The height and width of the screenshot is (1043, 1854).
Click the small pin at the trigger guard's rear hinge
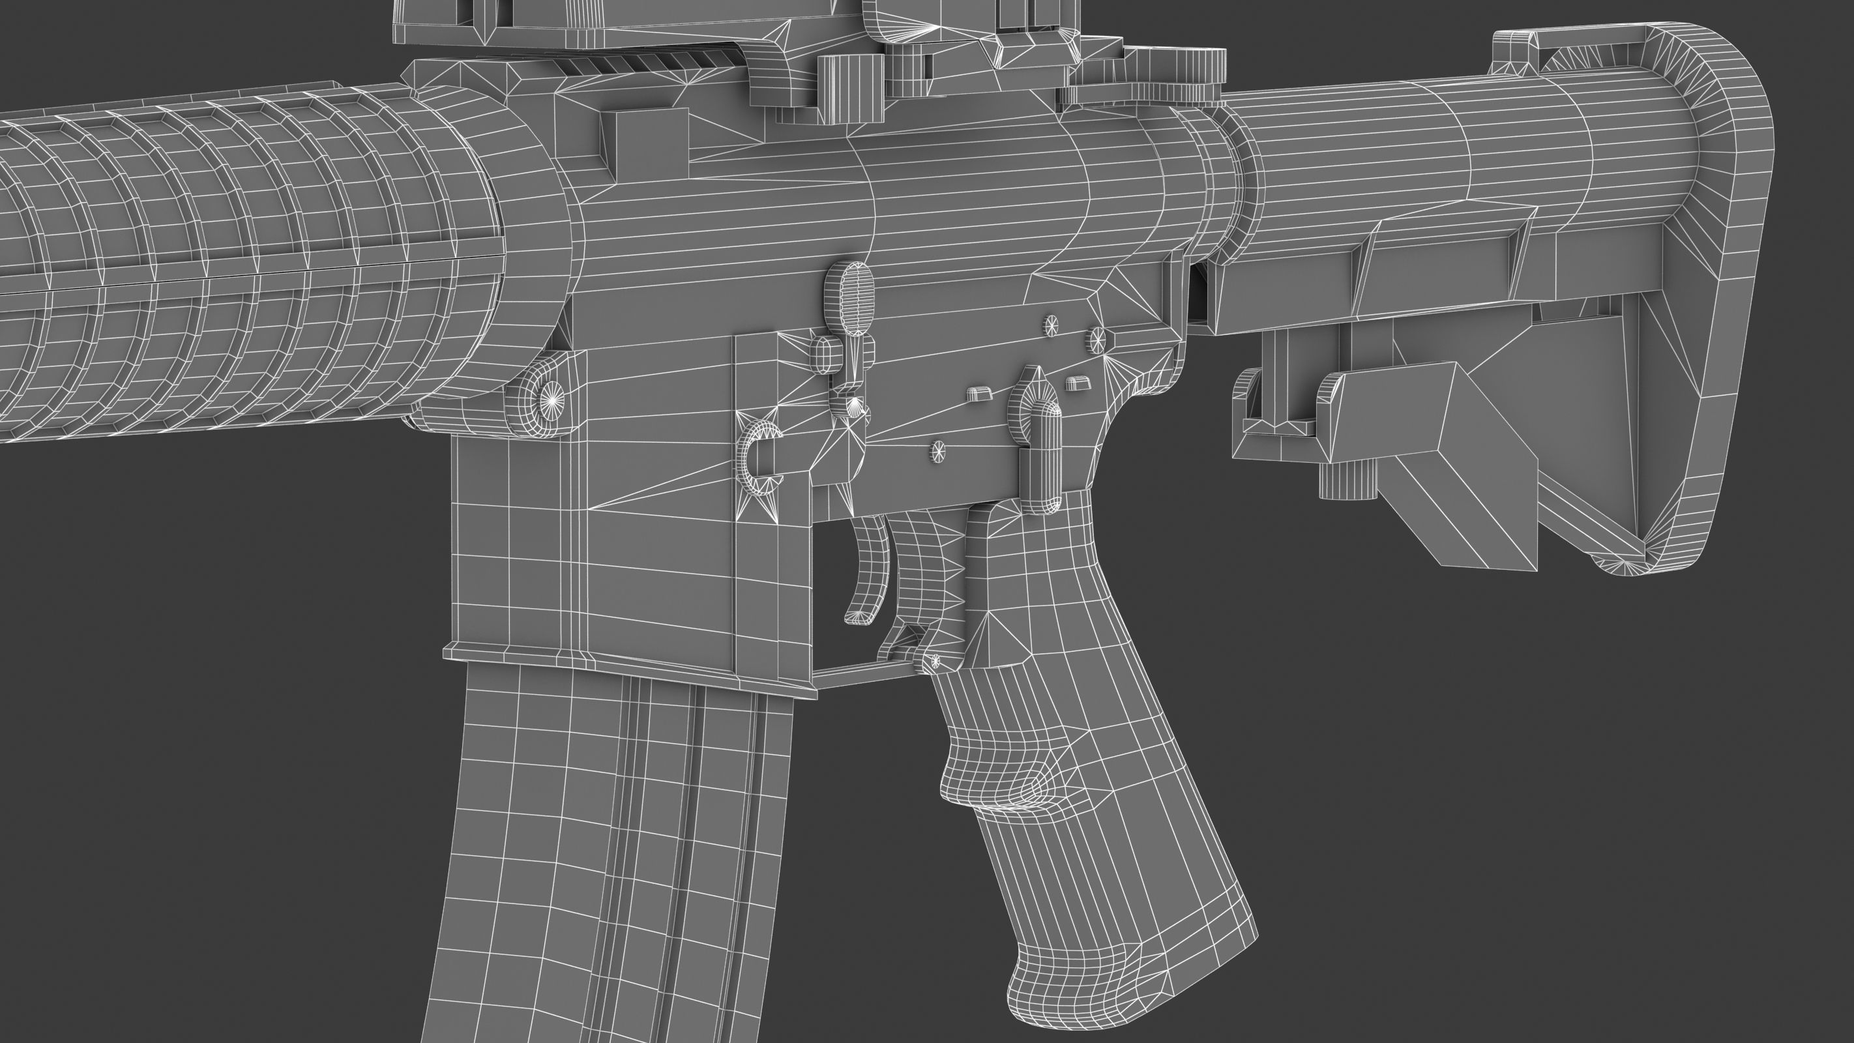(x=935, y=661)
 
